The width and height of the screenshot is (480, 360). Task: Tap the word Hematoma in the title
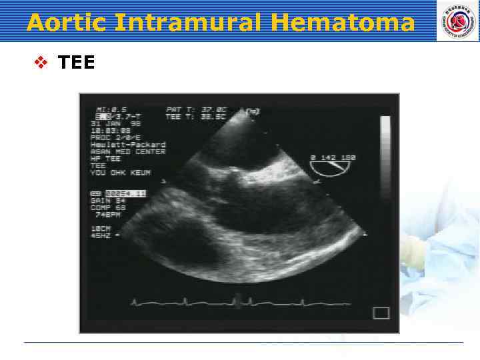(344, 23)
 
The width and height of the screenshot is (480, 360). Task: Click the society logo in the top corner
(457, 21)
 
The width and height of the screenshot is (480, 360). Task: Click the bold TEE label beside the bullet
(77, 63)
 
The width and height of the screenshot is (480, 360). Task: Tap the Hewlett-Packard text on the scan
(128, 145)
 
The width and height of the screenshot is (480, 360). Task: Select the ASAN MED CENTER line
(128, 152)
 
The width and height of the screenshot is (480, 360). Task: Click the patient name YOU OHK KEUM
(121, 173)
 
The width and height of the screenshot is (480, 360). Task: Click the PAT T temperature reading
(197, 109)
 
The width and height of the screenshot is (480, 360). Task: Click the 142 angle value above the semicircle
(332, 158)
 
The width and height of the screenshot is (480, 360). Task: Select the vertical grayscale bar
(385, 159)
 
